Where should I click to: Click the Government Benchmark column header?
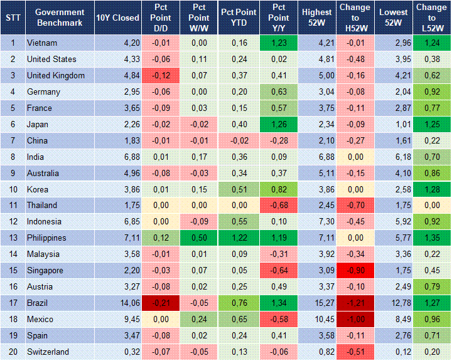(60, 18)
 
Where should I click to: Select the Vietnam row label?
(41, 43)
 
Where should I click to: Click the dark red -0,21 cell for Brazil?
(160, 303)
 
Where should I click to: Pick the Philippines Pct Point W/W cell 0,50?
(198, 238)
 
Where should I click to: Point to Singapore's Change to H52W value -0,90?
(355, 271)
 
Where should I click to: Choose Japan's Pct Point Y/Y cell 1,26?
(277, 124)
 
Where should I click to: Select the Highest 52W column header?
(316, 18)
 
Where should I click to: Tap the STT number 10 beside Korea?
(13, 189)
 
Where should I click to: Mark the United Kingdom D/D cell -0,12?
(160, 75)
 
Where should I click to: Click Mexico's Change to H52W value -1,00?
(355, 320)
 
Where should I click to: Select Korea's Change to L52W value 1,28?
(432, 189)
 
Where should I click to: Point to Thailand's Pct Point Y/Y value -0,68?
(277, 206)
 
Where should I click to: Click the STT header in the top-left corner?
(13, 18)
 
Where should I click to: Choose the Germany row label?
(43, 92)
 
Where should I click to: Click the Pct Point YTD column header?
(238, 18)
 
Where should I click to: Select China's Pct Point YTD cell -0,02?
(238, 140)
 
